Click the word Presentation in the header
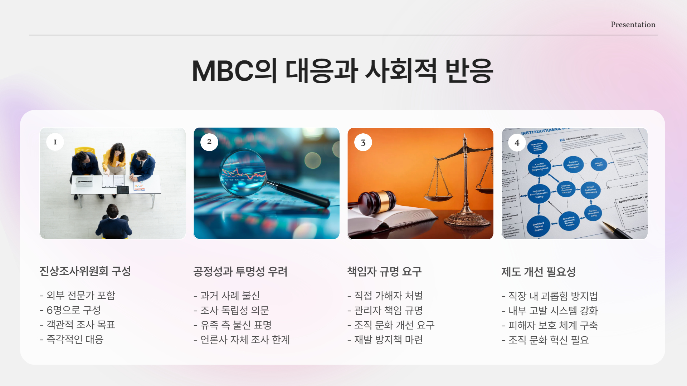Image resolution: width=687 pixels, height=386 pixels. [x=633, y=25]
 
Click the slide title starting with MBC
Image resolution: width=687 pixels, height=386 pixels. [x=342, y=71]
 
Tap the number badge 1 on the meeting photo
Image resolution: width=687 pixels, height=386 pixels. [x=55, y=142]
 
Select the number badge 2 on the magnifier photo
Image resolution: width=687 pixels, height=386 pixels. [x=209, y=142]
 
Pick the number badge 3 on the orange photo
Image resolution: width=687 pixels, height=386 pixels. [x=363, y=143]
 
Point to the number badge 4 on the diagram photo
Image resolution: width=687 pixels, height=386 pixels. [x=517, y=143]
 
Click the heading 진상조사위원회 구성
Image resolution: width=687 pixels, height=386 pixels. [x=85, y=271]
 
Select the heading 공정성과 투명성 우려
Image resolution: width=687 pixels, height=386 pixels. [x=240, y=272]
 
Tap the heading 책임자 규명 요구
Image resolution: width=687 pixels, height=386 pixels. [x=384, y=272]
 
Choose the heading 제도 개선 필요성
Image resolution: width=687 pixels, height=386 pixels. [x=539, y=272]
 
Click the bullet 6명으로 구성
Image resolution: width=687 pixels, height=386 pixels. [x=70, y=310]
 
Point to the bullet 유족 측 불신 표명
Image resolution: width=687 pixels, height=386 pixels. [x=233, y=325]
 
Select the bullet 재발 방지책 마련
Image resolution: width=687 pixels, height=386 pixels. [x=385, y=340]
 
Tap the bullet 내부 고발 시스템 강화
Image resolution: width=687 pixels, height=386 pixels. [x=550, y=311]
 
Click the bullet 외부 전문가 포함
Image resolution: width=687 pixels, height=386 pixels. [x=77, y=295]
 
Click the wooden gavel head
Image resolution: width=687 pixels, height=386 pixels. [x=377, y=201]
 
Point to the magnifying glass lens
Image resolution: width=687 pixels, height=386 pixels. [x=243, y=172]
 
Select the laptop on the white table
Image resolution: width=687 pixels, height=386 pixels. [x=83, y=181]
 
